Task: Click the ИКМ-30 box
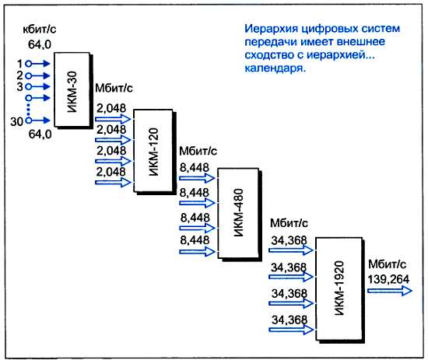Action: pyautogui.click(x=72, y=89)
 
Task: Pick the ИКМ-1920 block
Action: pyautogui.click(x=339, y=288)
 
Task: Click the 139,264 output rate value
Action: pyautogui.click(x=388, y=280)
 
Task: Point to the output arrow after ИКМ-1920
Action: pyautogui.click(x=390, y=291)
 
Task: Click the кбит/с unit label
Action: pyautogui.click(x=40, y=30)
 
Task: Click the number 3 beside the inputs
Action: pyautogui.click(x=19, y=87)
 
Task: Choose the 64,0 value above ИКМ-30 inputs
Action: pyautogui.click(x=40, y=44)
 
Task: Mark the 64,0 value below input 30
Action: pyautogui.click(x=40, y=135)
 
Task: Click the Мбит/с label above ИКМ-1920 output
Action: pyautogui.click(x=388, y=264)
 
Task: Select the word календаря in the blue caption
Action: pyautogui.click(x=275, y=68)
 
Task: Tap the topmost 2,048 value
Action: pyautogui.click(x=111, y=109)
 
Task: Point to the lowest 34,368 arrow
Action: pyautogui.click(x=291, y=330)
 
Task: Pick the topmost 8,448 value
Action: pyautogui.click(x=195, y=168)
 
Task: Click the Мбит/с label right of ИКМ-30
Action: pyautogui.click(x=114, y=88)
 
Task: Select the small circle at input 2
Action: pyautogui.click(x=28, y=75)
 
